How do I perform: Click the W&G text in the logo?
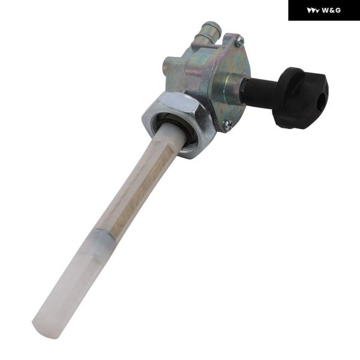(331, 10)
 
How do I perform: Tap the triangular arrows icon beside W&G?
(313, 11)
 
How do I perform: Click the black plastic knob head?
(301, 98)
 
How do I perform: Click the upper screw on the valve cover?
(240, 41)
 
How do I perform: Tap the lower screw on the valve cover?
(228, 125)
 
